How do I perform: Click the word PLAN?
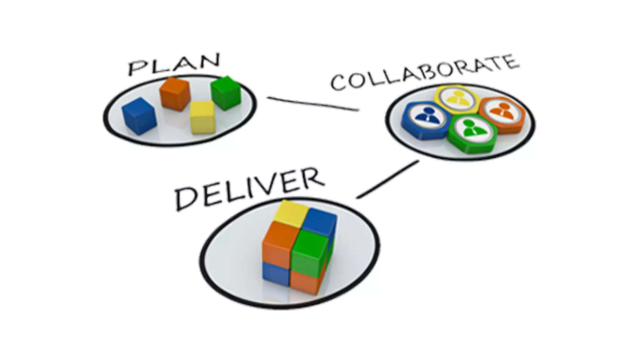pos(174,64)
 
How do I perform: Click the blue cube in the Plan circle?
pos(139,116)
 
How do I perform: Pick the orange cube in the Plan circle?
pos(175,94)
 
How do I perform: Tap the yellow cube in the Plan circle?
pos(202,117)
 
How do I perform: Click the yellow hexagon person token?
pos(457,99)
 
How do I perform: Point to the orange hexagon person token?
pos(502,114)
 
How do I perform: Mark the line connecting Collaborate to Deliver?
pos(387,179)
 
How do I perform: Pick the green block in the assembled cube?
pos(309,252)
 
